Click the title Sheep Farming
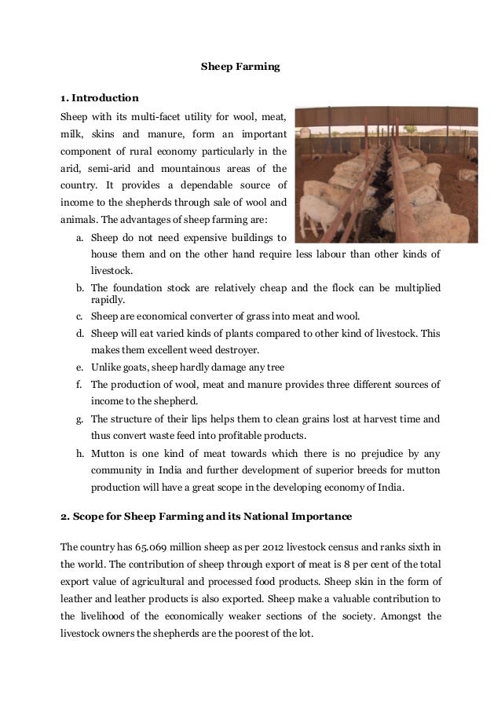click(x=236, y=68)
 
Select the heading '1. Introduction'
click(x=100, y=99)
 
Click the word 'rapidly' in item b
click(x=110, y=299)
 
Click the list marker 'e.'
click(x=80, y=367)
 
